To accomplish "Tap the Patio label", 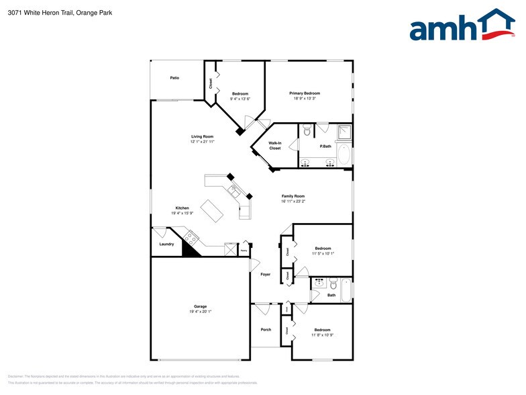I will tap(174, 78).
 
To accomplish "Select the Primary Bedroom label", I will tap(305, 93).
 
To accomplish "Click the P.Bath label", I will tap(325, 146).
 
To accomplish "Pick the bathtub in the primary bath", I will tap(344, 155).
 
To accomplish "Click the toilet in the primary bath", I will tap(307, 130).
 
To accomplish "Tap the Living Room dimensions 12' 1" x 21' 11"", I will tap(203, 142).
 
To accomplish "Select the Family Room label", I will tap(293, 195).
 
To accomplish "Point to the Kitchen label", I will tap(182, 208).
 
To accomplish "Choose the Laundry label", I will tap(166, 244).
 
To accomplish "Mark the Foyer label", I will tap(266, 274).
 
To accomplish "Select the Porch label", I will tap(266, 329).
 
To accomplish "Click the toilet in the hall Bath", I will tap(317, 283).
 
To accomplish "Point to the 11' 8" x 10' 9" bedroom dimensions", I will tap(322, 335).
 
